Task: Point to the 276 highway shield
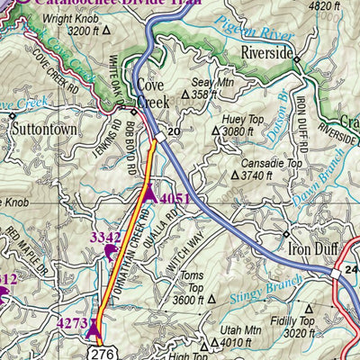(100, 353)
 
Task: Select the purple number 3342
(106, 238)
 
